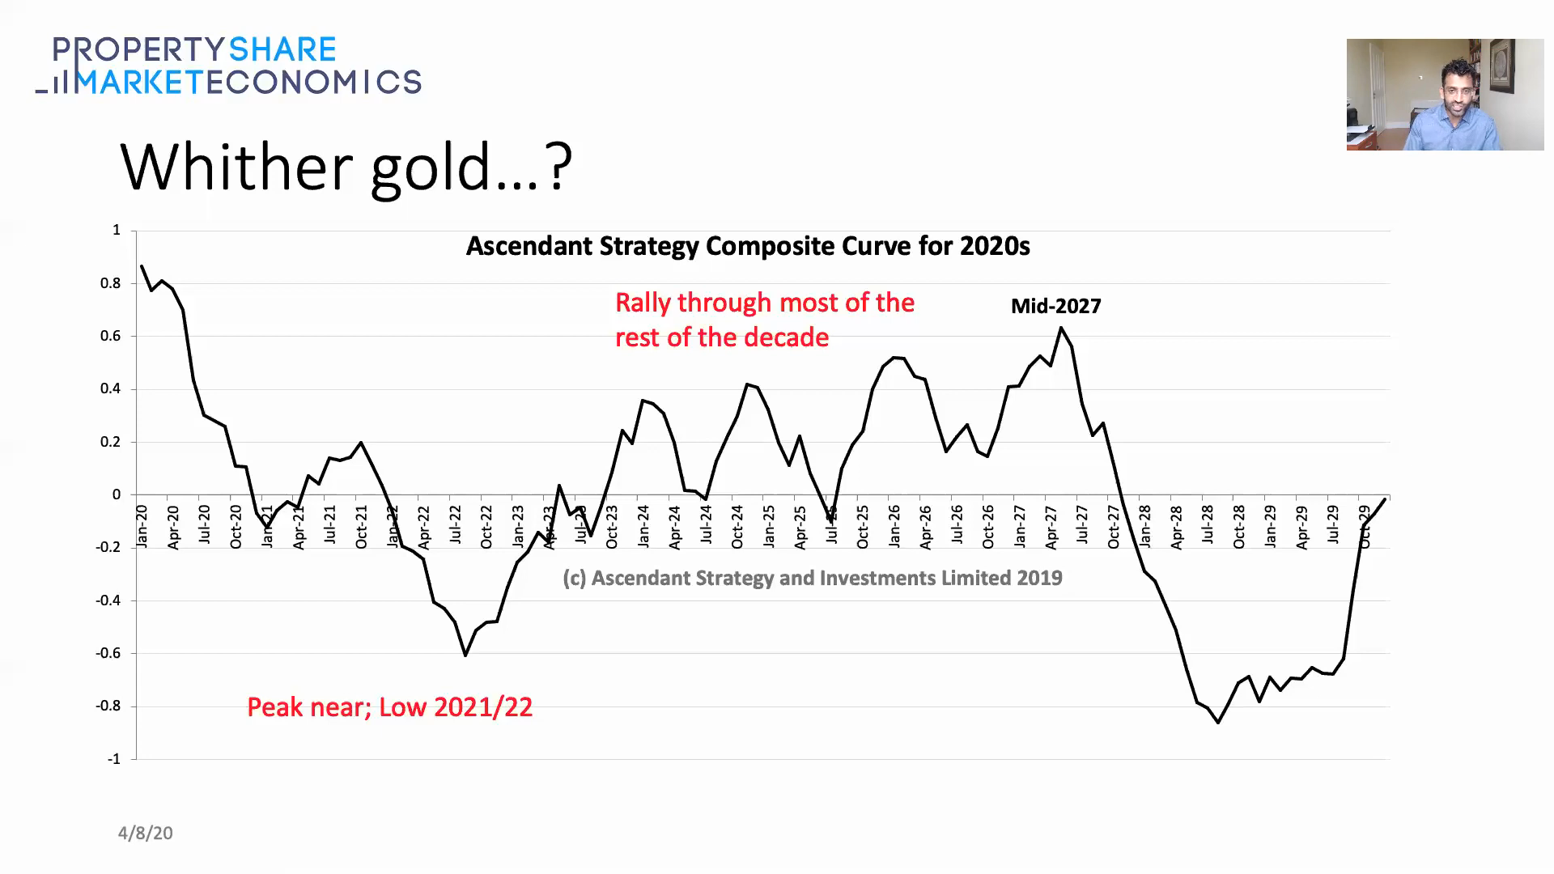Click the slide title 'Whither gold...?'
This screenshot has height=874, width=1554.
[x=346, y=168]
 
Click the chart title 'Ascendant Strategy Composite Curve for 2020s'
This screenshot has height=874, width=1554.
[x=747, y=246]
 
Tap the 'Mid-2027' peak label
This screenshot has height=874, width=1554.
[x=1055, y=307]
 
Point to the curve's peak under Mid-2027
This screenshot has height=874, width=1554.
[x=1061, y=329]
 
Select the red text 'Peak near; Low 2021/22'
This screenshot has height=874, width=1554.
[x=389, y=707]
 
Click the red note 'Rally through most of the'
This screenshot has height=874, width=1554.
[x=764, y=303]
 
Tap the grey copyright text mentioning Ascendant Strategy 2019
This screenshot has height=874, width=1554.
[x=812, y=578]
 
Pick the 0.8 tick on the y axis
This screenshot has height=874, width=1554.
[x=111, y=283]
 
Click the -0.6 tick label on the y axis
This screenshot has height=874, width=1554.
[x=108, y=653]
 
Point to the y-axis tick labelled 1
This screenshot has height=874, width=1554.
[x=117, y=231]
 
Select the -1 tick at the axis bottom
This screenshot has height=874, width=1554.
[x=113, y=759]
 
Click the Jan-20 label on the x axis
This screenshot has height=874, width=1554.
[x=142, y=526]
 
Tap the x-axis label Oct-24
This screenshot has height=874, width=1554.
[x=737, y=527]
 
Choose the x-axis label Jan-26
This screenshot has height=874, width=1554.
[x=894, y=527]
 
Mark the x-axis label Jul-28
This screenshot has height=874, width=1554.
[x=1208, y=525]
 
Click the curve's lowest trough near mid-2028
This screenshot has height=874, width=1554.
[x=1218, y=722]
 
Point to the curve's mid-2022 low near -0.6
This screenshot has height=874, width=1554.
[x=465, y=655]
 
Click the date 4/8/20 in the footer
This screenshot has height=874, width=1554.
[x=146, y=834]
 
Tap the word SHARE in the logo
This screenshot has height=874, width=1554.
[x=282, y=50]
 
